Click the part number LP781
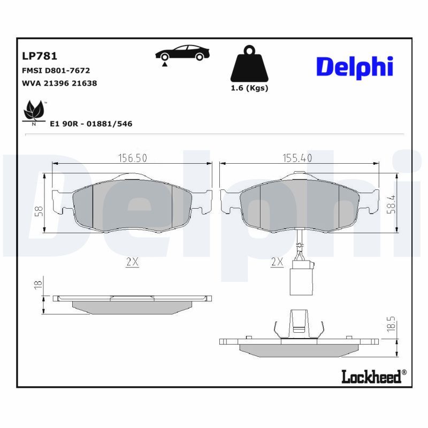(x=39, y=56)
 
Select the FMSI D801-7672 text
(x=56, y=70)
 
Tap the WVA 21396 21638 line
(x=59, y=83)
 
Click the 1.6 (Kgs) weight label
(x=249, y=88)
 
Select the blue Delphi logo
(x=355, y=66)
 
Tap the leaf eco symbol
(x=34, y=111)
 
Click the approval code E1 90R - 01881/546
(x=90, y=124)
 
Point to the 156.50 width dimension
(x=132, y=157)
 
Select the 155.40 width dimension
(x=297, y=157)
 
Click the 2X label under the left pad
(x=132, y=262)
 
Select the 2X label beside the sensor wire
(x=277, y=262)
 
